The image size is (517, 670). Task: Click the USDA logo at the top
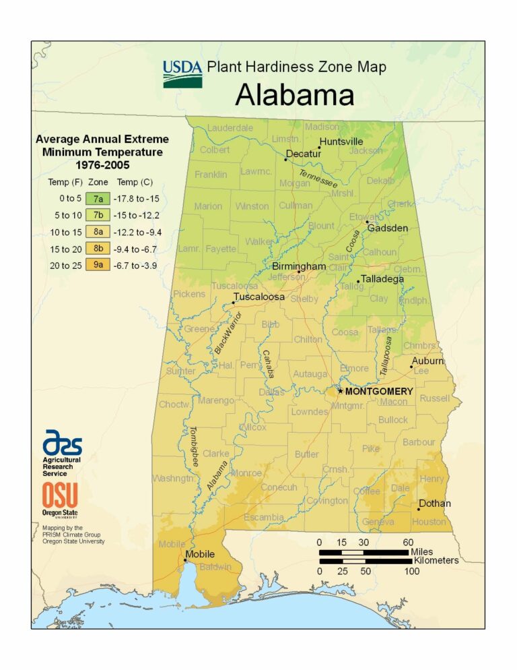(x=181, y=73)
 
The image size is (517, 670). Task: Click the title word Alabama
(x=294, y=96)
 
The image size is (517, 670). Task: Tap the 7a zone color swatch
(x=98, y=198)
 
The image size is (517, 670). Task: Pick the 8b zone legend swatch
(x=98, y=249)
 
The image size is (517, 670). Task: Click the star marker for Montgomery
(x=341, y=391)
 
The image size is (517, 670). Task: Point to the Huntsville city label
(x=341, y=142)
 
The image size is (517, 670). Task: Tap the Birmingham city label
(x=299, y=267)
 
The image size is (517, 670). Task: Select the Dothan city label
(x=434, y=503)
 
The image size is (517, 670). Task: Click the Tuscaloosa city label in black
(x=258, y=297)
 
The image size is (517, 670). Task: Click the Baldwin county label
(x=215, y=566)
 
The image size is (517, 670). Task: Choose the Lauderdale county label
(x=230, y=127)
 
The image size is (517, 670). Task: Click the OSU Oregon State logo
(x=61, y=499)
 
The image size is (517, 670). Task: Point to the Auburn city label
(x=428, y=361)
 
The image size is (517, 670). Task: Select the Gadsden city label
(x=387, y=228)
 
